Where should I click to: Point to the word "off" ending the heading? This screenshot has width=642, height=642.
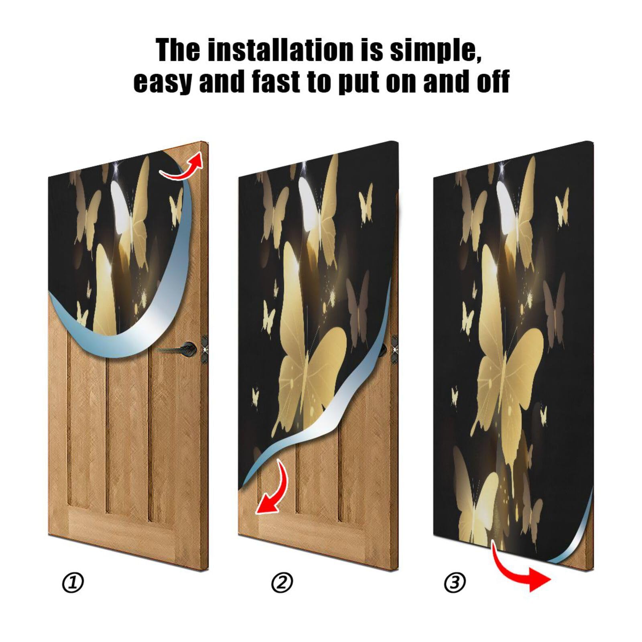(493, 81)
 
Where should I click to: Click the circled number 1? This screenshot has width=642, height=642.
(73, 583)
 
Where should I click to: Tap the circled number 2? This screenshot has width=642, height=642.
(282, 583)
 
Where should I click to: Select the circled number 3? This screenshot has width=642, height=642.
(455, 583)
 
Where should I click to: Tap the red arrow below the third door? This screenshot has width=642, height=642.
(522, 570)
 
